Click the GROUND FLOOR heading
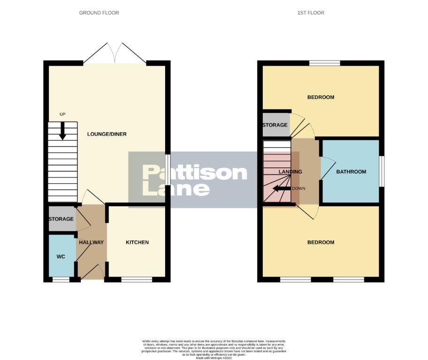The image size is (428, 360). click(x=99, y=13)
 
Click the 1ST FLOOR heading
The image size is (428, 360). click(x=311, y=13)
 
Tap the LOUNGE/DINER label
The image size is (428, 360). click(x=107, y=135)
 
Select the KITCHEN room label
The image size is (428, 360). click(x=137, y=242)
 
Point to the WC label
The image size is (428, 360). click(x=61, y=256)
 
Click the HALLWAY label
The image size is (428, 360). click(x=91, y=242)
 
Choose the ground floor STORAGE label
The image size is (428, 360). click(x=61, y=219)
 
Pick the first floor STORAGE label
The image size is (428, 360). click(x=275, y=125)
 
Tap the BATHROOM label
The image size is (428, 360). click(x=351, y=172)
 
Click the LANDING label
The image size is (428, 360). click(x=290, y=172)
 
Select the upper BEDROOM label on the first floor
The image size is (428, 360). click(x=321, y=97)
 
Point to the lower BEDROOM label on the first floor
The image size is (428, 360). click(x=321, y=242)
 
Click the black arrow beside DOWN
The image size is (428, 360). click(x=282, y=188)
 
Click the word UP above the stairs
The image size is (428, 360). click(x=62, y=114)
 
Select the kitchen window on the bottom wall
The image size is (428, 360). click(x=137, y=279)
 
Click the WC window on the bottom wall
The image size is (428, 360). click(x=61, y=279)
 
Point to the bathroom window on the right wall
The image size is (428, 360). click(x=382, y=172)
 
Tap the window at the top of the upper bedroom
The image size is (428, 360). click(x=325, y=63)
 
